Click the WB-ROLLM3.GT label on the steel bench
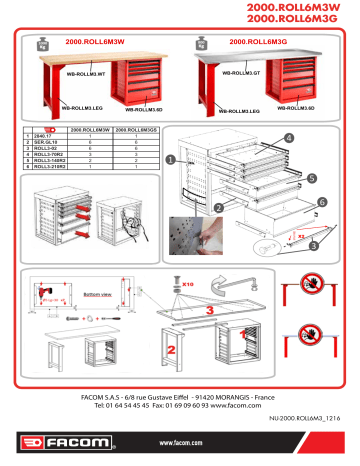tap(242, 73)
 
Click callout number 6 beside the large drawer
tap(322, 201)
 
